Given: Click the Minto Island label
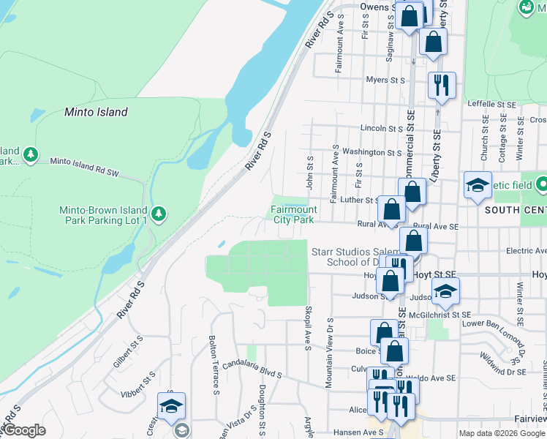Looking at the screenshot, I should coord(96,113).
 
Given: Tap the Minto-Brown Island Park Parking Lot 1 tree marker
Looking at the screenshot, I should coord(159,214).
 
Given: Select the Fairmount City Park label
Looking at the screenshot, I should coord(293,214).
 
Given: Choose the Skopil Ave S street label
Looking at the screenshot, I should coord(309,327).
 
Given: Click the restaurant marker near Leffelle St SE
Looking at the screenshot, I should coord(442,86).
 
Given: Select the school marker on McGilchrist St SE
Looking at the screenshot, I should coord(443,292).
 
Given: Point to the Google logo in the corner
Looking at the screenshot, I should coord(24,430).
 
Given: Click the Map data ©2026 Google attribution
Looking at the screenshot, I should coord(502,433).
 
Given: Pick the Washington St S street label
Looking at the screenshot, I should coord(371,152).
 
